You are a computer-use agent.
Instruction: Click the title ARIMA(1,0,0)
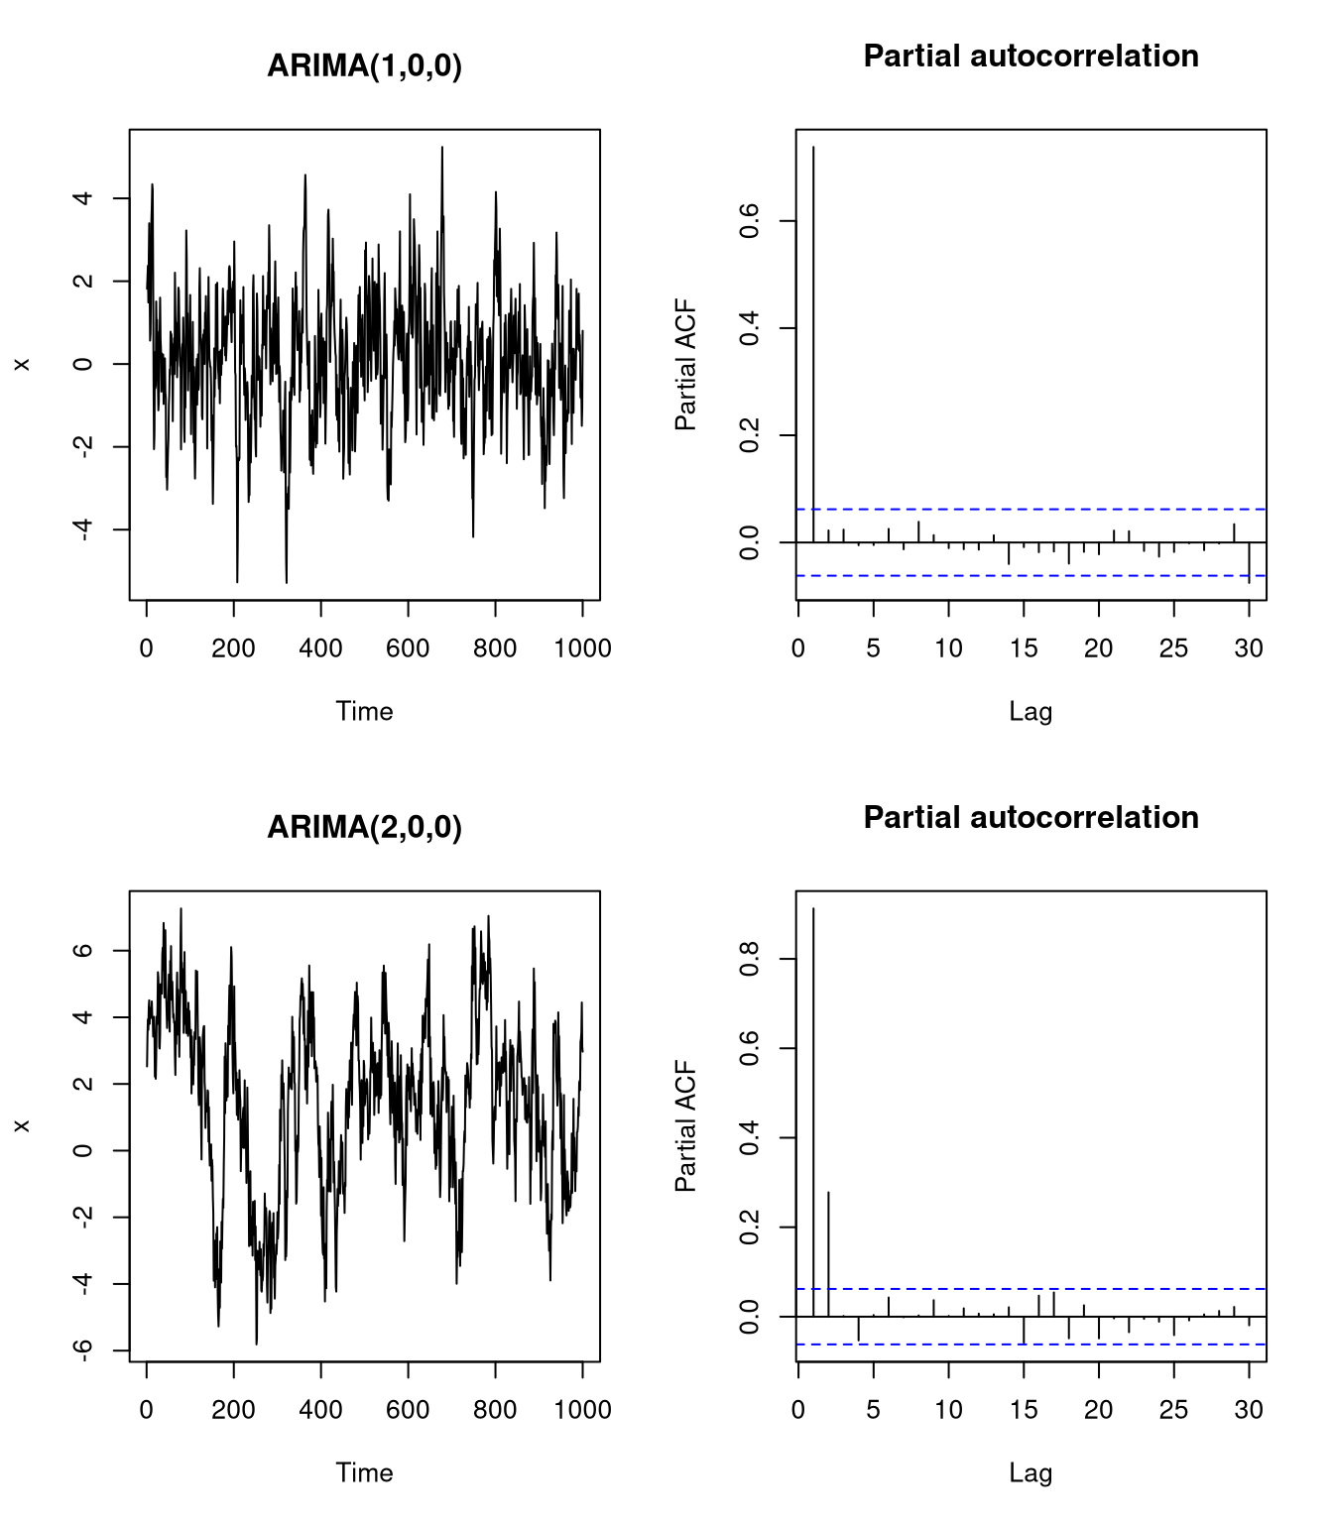click(364, 65)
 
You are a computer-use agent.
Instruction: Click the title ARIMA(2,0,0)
click(364, 827)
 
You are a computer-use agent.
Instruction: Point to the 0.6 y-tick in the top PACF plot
click(750, 220)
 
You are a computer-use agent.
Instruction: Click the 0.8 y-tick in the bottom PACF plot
click(750, 959)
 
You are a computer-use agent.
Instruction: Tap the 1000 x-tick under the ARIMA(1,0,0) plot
click(582, 648)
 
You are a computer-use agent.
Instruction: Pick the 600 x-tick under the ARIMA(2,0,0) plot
click(408, 1410)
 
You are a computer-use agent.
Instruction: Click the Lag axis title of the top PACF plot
click(1030, 711)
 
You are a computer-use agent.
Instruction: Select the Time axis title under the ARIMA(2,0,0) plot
click(364, 1472)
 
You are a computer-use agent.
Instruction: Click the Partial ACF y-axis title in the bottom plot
click(685, 1126)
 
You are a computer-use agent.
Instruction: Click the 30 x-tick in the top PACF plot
click(1249, 648)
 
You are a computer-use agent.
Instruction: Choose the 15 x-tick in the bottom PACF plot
click(1024, 1410)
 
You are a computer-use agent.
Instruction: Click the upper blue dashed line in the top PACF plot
click(1031, 509)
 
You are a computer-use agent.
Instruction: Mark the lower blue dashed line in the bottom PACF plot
click(1031, 1345)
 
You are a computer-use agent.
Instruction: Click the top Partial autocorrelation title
click(1030, 56)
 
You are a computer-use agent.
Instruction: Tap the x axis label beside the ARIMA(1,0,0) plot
click(22, 364)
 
